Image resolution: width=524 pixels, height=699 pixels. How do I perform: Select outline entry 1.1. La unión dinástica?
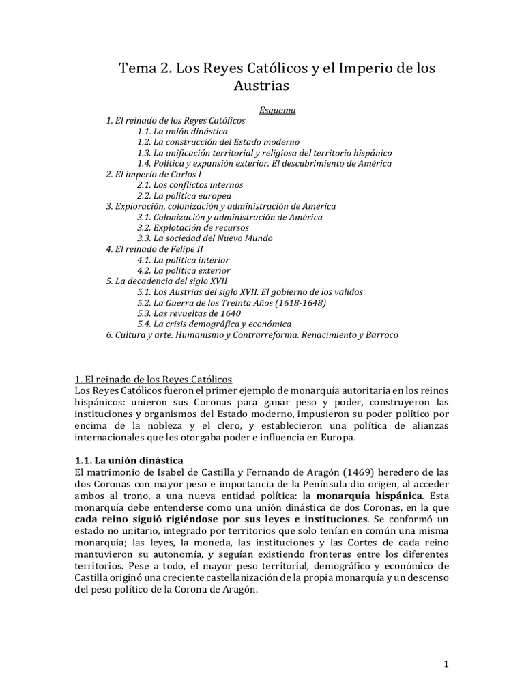click(182, 130)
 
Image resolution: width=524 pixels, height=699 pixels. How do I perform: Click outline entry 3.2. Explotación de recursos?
click(193, 227)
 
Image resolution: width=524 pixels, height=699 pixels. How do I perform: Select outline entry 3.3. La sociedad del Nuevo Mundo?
click(205, 238)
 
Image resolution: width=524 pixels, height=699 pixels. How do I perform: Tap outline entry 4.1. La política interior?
click(183, 260)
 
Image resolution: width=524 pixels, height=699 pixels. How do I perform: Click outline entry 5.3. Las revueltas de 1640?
click(189, 313)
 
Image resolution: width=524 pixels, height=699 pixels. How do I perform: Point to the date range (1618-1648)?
click(293, 302)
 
